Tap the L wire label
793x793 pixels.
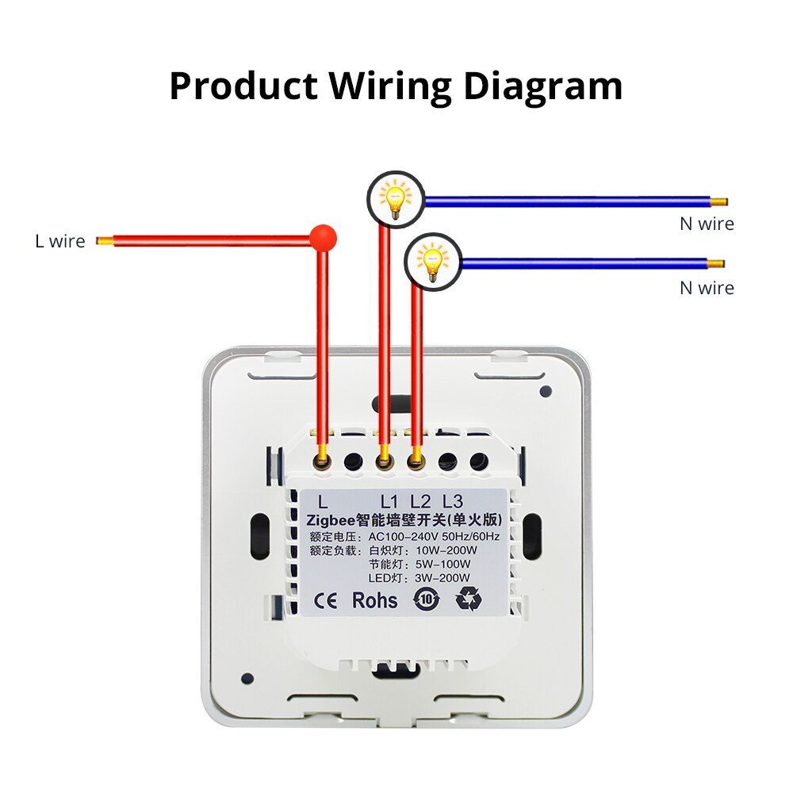(x=59, y=241)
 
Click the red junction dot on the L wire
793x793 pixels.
(x=323, y=237)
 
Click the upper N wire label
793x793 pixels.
(x=707, y=224)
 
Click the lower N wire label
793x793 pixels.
(x=707, y=288)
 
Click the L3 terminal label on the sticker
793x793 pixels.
(x=452, y=501)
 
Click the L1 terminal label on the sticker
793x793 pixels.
(x=389, y=501)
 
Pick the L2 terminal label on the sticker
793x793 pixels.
(x=420, y=501)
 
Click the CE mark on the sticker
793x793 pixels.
(x=326, y=600)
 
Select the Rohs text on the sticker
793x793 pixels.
(x=375, y=600)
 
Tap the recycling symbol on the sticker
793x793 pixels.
(x=468, y=600)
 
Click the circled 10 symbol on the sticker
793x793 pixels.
(x=426, y=600)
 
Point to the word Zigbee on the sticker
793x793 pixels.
(x=326, y=519)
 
